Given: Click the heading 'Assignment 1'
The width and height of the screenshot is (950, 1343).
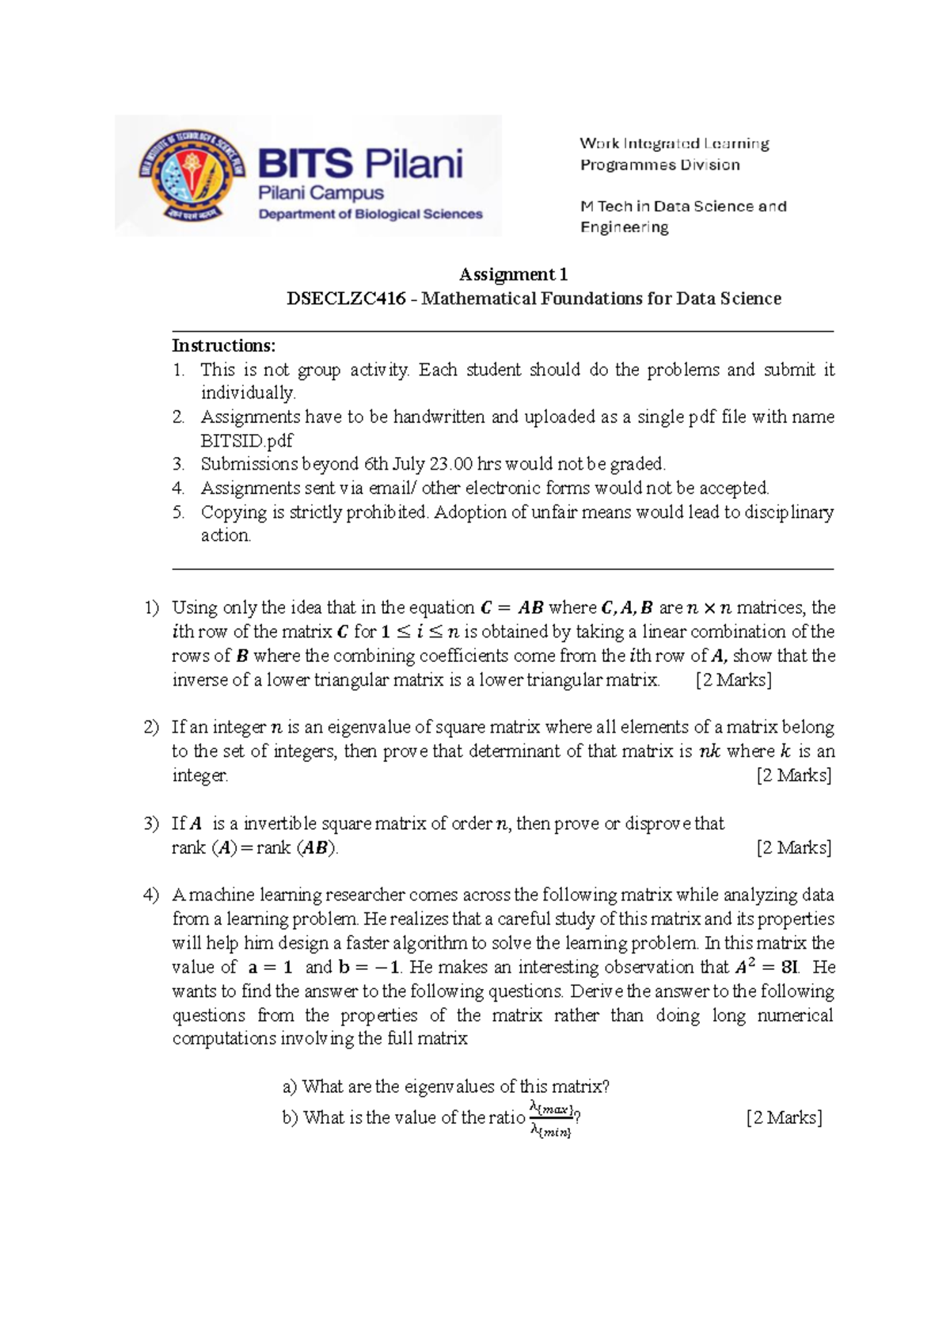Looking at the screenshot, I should [x=513, y=275].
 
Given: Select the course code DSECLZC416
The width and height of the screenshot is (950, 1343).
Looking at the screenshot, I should [x=346, y=299].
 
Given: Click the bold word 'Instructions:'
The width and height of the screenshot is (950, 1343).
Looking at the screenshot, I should [x=224, y=345].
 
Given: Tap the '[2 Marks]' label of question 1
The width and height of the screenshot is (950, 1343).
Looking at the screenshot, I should [x=733, y=680].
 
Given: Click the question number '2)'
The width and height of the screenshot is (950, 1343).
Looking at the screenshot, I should [x=151, y=727].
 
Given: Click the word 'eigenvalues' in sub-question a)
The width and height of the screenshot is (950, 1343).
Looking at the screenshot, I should [x=449, y=1086].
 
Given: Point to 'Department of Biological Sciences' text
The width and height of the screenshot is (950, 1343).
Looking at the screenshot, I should [x=370, y=214].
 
